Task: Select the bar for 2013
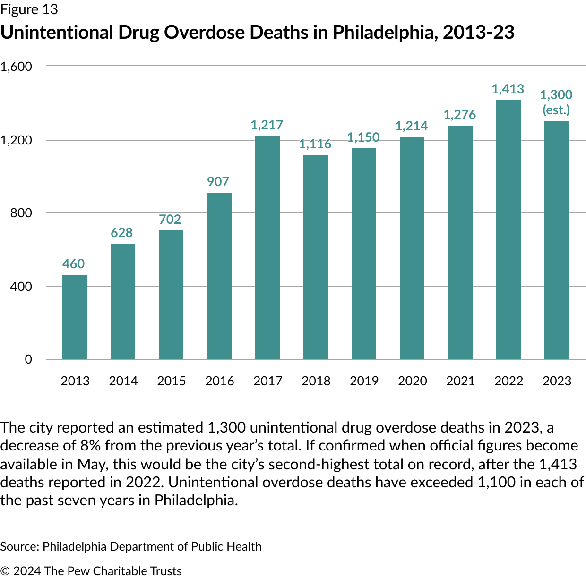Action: [x=75, y=317]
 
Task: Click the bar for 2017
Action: [x=267, y=247]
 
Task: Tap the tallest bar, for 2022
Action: [x=508, y=229]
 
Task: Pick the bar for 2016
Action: [x=219, y=276]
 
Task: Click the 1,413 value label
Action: [x=508, y=89]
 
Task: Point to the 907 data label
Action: [x=218, y=182]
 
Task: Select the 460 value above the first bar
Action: [x=74, y=264]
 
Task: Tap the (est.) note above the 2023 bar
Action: [x=556, y=110]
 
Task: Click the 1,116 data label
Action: [x=315, y=144]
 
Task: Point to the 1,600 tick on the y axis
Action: [x=16, y=67]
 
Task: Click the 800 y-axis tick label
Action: [x=21, y=213]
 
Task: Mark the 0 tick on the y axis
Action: [x=28, y=359]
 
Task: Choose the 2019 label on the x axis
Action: [x=364, y=381]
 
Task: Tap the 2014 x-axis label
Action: [x=123, y=381]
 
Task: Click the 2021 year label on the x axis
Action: [x=460, y=381]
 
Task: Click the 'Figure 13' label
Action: [x=29, y=10]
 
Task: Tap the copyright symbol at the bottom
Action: [x=5, y=571]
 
